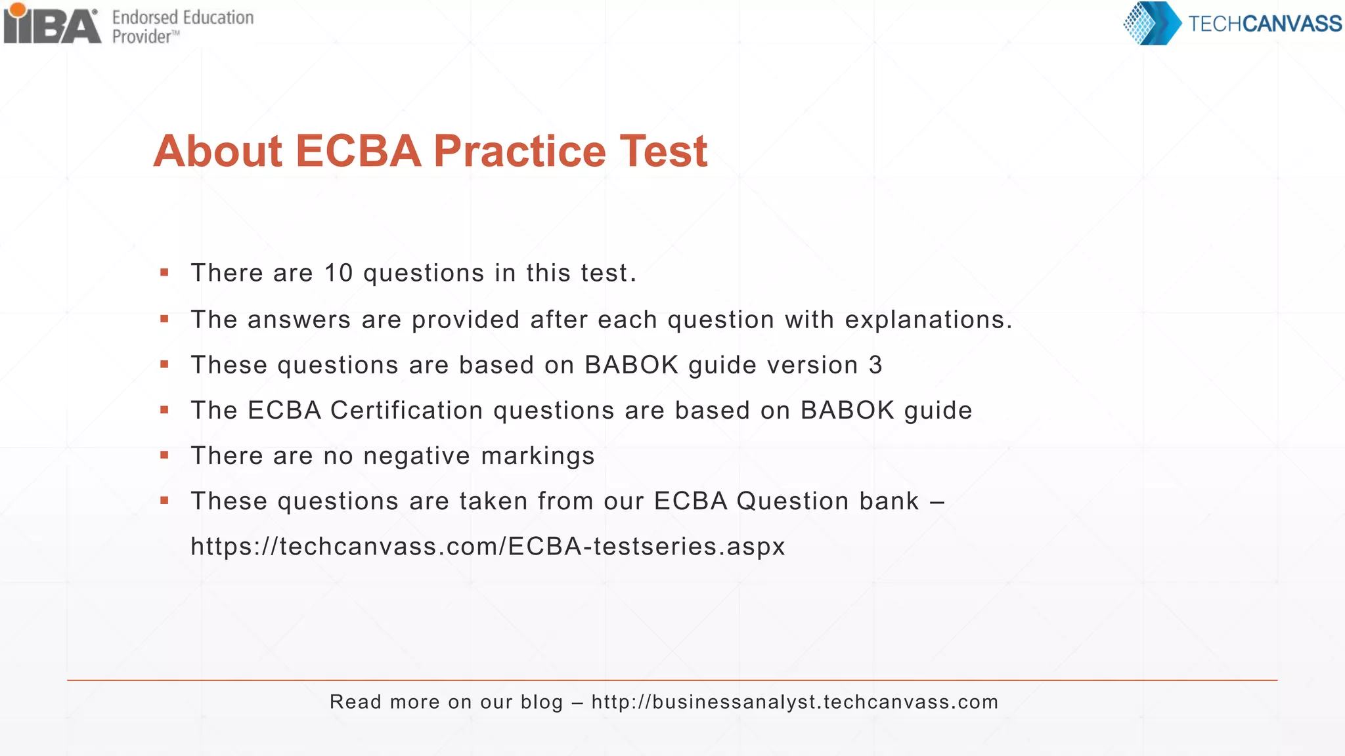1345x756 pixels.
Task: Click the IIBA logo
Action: tap(53, 25)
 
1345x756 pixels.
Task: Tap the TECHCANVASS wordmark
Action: tap(1264, 24)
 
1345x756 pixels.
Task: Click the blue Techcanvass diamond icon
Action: tap(1151, 24)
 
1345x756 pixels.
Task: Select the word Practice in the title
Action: tap(519, 152)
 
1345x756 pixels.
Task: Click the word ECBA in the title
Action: tap(358, 152)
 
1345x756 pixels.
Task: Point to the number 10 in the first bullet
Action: tap(339, 273)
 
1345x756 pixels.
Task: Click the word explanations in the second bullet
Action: tap(928, 320)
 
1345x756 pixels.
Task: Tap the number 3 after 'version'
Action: tap(875, 365)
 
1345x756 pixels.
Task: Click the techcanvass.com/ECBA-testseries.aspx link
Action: tap(487, 547)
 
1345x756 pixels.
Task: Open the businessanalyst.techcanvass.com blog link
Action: tap(795, 702)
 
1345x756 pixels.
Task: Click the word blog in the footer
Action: tap(542, 702)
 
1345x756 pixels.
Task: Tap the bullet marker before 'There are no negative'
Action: tap(164, 455)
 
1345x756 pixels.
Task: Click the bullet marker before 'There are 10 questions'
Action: tap(164, 272)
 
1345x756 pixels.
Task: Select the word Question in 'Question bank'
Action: tap(793, 501)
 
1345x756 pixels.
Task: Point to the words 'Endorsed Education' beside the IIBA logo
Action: tap(183, 18)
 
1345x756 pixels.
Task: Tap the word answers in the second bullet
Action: tap(299, 320)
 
